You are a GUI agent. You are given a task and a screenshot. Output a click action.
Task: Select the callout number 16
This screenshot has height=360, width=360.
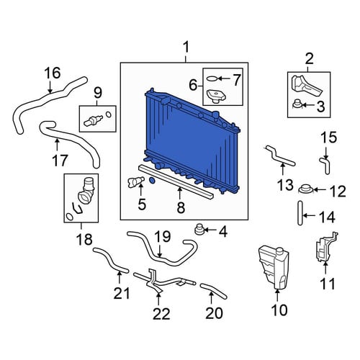53,73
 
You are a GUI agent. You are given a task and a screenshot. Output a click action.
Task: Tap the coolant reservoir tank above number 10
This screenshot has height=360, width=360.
274,266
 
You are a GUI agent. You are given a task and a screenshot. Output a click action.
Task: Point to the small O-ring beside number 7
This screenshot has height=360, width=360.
212,78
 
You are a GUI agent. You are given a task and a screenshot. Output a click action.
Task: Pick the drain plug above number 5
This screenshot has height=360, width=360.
136,181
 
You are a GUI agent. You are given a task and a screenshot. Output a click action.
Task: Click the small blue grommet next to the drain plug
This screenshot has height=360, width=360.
152,181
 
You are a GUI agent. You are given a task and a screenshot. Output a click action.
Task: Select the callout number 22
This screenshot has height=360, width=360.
161,314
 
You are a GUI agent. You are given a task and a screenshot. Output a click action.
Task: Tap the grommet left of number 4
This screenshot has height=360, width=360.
199,230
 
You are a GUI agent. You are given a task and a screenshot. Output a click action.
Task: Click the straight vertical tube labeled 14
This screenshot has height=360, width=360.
300,213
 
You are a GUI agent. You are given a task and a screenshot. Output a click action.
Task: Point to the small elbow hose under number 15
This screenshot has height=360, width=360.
325,165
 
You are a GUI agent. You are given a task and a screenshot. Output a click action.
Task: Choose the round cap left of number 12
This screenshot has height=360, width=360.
305,189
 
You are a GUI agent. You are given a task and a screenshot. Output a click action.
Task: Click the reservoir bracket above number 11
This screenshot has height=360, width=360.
326,247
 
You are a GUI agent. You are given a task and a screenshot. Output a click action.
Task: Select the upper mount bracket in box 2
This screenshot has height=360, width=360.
306,85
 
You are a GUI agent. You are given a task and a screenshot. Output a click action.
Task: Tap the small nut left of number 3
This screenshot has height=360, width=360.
297,104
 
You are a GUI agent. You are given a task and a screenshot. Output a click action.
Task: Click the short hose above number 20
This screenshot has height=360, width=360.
213,291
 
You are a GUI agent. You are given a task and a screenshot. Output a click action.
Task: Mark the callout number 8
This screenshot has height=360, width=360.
181,207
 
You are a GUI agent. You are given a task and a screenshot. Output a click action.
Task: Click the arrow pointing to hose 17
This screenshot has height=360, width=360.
57,147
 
